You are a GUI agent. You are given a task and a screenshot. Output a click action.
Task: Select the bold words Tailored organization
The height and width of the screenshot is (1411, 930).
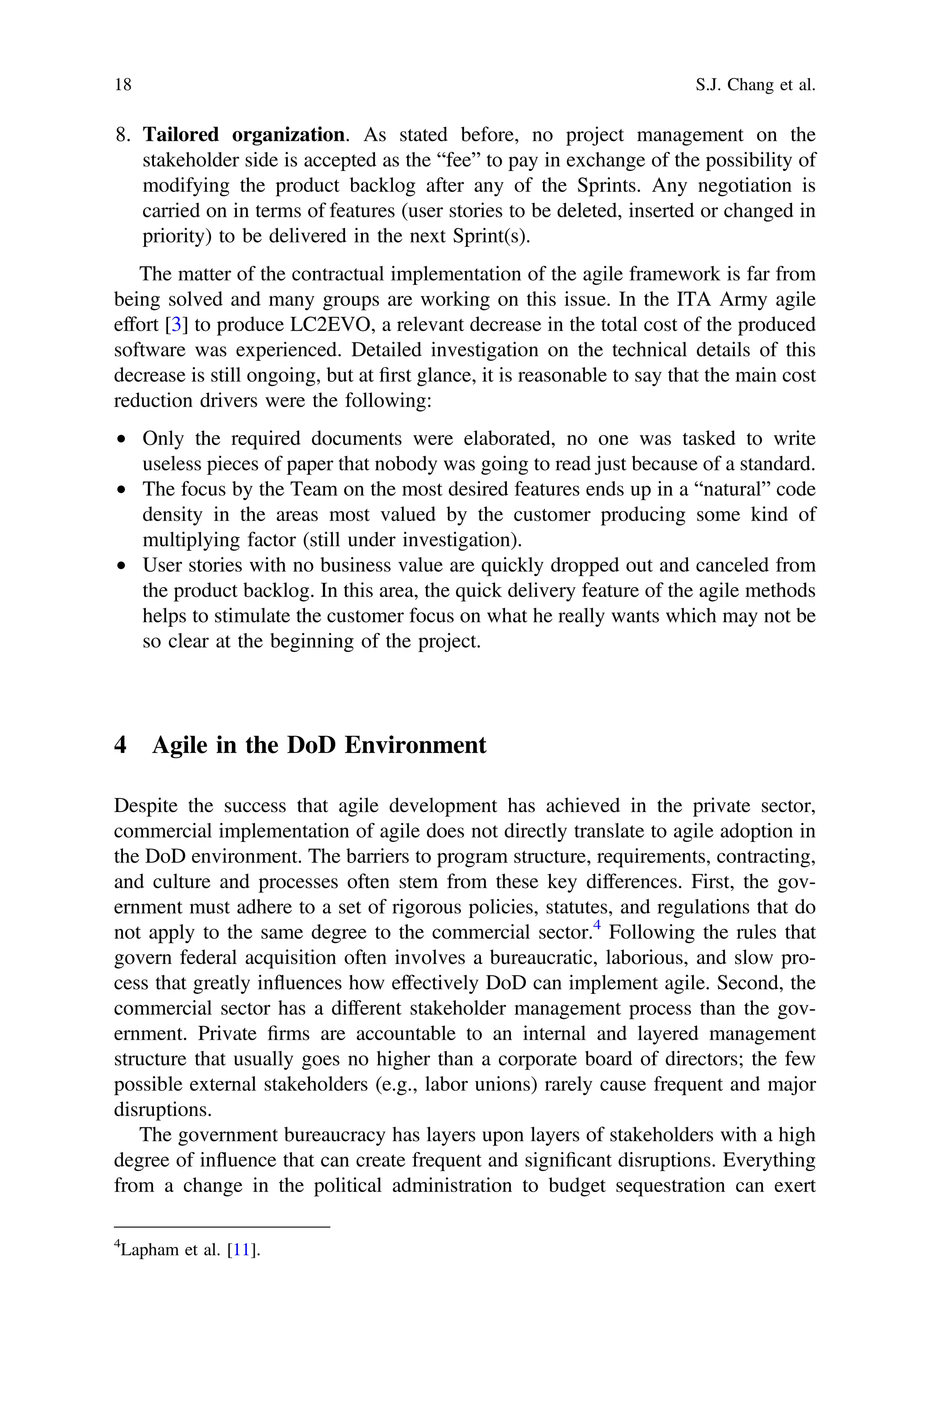point(243,135)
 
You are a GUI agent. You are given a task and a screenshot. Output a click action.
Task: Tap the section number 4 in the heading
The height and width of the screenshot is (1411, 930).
point(120,745)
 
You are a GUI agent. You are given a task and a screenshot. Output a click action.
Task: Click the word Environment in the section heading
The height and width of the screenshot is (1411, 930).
point(415,745)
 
